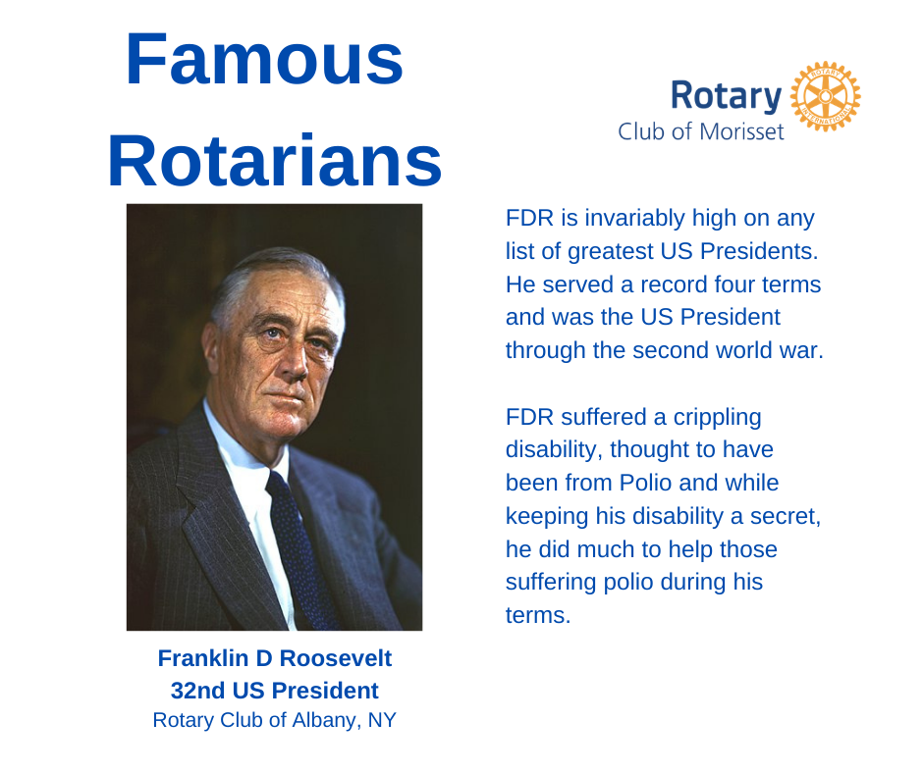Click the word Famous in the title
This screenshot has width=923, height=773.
[264, 60]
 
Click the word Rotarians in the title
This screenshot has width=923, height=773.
[274, 161]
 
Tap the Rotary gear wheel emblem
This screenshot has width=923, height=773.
[825, 97]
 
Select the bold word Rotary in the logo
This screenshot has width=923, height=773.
[726, 96]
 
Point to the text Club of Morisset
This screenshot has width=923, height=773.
[700, 131]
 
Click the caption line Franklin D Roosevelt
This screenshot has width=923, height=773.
[275, 658]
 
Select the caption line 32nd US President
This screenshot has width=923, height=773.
[275, 690]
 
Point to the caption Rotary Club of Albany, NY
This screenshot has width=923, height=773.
[275, 720]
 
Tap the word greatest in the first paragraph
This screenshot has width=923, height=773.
[621, 251]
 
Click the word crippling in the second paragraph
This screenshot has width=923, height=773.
[717, 417]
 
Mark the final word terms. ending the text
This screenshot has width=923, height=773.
[537, 616]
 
